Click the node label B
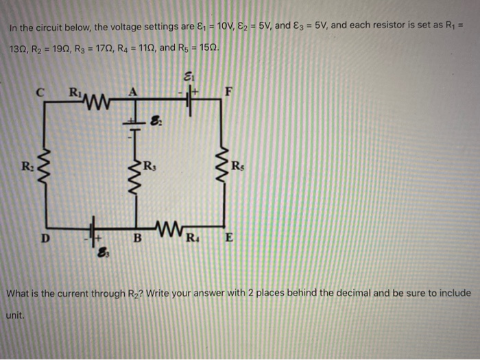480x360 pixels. pyautogui.click(x=137, y=239)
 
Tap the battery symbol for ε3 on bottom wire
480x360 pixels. pyautogui.click(x=92, y=239)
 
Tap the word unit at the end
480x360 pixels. pyautogui.click(x=14, y=315)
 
